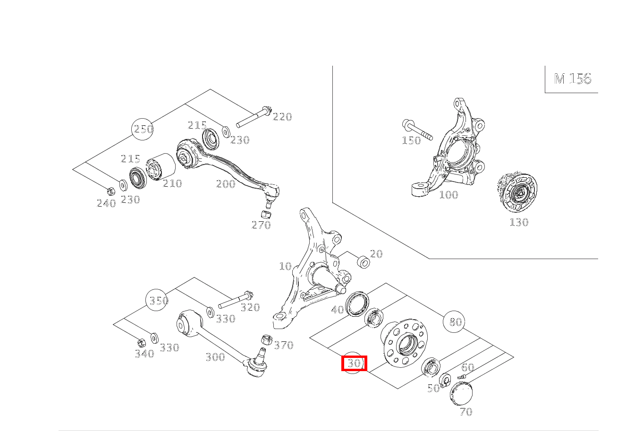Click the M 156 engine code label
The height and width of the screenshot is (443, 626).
pyautogui.click(x=572, y=78)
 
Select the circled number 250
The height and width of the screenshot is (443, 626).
pyautogui.click(x=143, y=129)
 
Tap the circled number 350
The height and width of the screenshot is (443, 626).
pyautogui.click(x=157, y=301)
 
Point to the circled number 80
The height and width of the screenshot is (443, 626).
pyautogui.click(x=455, y=322)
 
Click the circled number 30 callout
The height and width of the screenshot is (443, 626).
pyautogui.click(x=354, y=364)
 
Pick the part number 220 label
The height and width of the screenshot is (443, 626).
pyautogui.click(x=282, y=117)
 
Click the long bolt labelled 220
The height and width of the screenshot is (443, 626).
pyautogui.click(x=253, y=118)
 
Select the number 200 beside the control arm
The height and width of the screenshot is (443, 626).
pyautogui.click(x=226, y=184)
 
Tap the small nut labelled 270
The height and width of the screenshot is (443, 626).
pyautogui.click(x=266, y=214)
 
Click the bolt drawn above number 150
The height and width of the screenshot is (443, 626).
pyautogui.click(x=417, y=130)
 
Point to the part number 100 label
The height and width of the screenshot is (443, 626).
pyautogui.click(x=448, y=195)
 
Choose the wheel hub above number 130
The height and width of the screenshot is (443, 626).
pyautogui.click(x=518, y=193)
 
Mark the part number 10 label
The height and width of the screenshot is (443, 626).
pyautogui.click(x=285, y=266)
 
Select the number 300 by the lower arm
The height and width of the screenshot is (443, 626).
pyautogui.click(x=215, y=357)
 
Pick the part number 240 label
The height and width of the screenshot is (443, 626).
pyautogui.click(x=106, y=203)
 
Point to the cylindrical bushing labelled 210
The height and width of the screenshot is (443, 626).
pyautogui.click(x=161, y=167)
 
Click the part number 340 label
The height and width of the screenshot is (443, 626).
pyautogui.click(x=144, y=354)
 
